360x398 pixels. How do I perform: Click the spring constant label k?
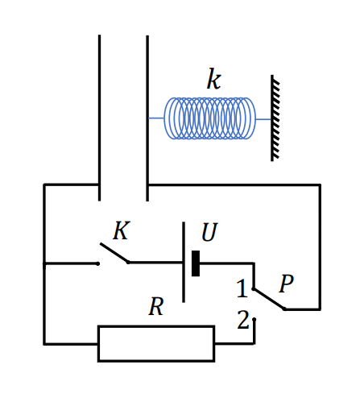213,79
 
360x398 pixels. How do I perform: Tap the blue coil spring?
209,118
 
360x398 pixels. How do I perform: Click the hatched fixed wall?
275,118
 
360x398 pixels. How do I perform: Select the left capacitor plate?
99,118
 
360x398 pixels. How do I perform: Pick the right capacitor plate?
147,118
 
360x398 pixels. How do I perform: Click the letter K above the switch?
122,230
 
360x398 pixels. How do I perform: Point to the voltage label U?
209,232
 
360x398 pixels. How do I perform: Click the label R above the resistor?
156,306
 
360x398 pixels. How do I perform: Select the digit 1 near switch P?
242,288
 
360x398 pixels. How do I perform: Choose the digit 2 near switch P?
243,320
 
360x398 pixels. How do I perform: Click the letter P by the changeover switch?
286,284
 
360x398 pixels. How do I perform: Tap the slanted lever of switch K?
114,253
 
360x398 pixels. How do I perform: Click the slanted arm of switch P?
269,299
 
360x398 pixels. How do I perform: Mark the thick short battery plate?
196,263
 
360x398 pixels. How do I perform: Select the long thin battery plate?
184,262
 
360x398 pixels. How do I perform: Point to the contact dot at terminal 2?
254,319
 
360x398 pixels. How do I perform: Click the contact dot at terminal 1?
253,288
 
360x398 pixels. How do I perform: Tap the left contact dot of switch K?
97,263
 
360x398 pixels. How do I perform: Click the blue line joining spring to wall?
263,119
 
